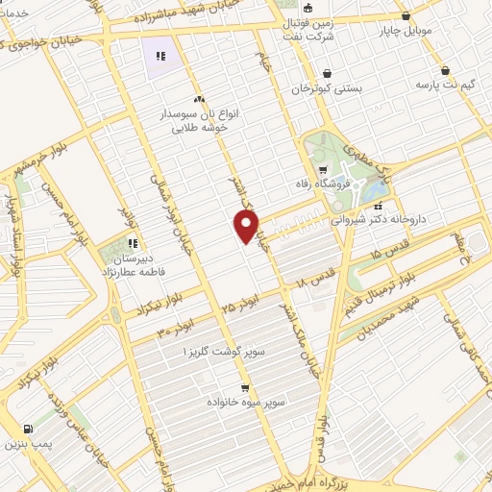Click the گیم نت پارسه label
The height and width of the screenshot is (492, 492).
[x=446, y=86]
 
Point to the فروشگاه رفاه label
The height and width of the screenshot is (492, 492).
[x=323, y=180]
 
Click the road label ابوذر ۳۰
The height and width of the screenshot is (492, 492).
[x=176, y=325]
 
